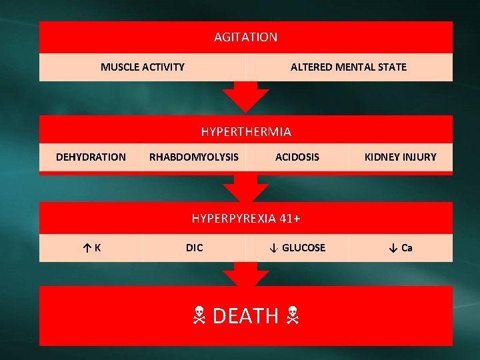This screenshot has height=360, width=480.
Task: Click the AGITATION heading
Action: click(x=245, y=37)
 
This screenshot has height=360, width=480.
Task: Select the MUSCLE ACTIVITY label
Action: click(x=143, y=67)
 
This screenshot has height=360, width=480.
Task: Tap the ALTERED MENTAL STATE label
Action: click(x=348, y=67)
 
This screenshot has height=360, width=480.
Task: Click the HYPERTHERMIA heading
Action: click(x=246, y=131)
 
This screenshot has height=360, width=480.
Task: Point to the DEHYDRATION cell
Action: click(x=91, y=157)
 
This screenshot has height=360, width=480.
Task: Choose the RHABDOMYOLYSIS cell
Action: click(x=193, y=157)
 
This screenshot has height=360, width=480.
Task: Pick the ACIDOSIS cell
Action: click(x=297, y=157)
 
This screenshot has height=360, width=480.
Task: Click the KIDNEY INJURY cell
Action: click(x=400, y=157)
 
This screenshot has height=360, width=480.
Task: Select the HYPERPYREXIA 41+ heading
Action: click(x=245, y=218)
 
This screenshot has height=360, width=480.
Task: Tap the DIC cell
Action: click(x=194, y=247)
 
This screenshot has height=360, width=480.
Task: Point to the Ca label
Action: click(x=407, y=247)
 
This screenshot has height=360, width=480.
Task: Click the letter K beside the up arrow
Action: click(x=98, y=247)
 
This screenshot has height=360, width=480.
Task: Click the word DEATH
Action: click(x=245, y=315)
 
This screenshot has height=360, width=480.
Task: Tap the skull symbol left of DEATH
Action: click(x=199, y=316)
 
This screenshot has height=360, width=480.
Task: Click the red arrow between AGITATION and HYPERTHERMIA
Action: click(x=245, y=97)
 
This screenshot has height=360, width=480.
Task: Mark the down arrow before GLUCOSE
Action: click(x=273, y=247)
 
